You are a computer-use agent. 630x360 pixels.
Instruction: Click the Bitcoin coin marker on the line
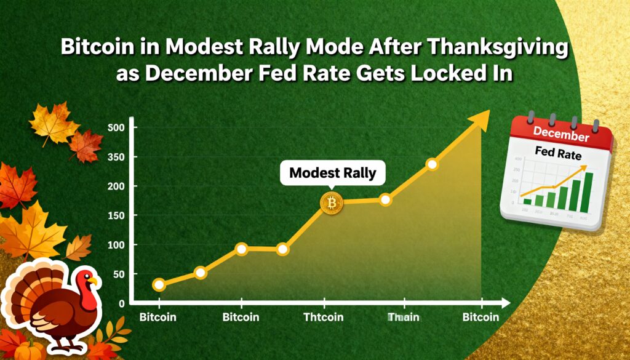click(x=332, y=202)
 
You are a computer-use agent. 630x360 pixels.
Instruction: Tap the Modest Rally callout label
click(x=332, y=173)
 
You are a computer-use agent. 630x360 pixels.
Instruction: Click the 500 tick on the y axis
click(x=116, y=127)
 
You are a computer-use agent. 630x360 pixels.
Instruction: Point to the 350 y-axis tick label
click(x=116, y=157)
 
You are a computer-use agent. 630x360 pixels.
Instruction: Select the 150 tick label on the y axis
click(x=116, y=215)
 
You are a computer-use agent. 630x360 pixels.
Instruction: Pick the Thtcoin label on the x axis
click(x=324, y=318)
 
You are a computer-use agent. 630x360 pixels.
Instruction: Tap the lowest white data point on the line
click(x=159, y=284)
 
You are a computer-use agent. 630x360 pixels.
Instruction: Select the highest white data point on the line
click(x=432, y=164)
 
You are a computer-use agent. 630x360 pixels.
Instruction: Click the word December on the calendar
click(x=561, y=132)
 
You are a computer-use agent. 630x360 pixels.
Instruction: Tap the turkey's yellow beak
click(x=94, y=281)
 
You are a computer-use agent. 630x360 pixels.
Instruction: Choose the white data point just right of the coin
click(x=386, y=199)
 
